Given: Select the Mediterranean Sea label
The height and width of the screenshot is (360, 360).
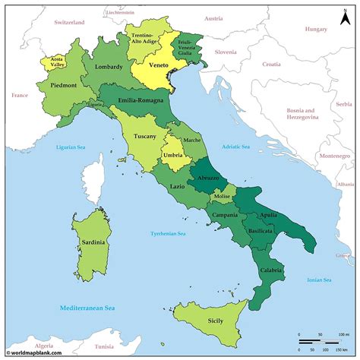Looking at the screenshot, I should coord(87,308).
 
